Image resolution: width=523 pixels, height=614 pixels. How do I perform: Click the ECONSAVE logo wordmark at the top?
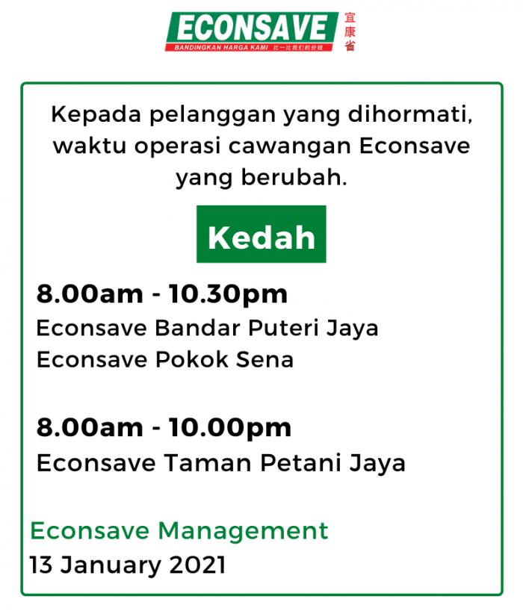pos(252,28)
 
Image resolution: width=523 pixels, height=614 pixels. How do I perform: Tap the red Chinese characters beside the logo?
pos(350,31)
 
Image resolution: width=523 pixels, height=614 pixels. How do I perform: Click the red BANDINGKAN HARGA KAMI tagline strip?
pos(249,47)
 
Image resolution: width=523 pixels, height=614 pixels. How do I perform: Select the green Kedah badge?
pos(261,234)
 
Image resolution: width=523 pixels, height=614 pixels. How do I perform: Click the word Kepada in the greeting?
pos(96,115)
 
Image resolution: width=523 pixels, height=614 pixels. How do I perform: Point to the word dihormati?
pos(410,114)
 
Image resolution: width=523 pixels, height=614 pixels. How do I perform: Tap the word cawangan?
pos(290,147)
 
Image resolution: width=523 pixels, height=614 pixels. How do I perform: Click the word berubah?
pos(294,177)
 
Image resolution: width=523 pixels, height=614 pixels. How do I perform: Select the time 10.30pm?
pos(228,295)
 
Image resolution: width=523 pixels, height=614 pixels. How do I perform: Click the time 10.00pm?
pos(230,428)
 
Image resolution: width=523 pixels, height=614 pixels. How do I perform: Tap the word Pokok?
pos(192,359)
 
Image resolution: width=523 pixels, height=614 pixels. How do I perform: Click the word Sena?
pos(264,360)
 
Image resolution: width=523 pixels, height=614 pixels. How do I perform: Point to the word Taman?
pos(208,463)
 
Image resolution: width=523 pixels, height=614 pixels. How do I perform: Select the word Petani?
pos(300,463)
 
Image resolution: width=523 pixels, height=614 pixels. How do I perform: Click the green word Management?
pos(243,532)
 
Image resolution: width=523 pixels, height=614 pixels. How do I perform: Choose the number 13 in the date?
pos(41,565)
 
